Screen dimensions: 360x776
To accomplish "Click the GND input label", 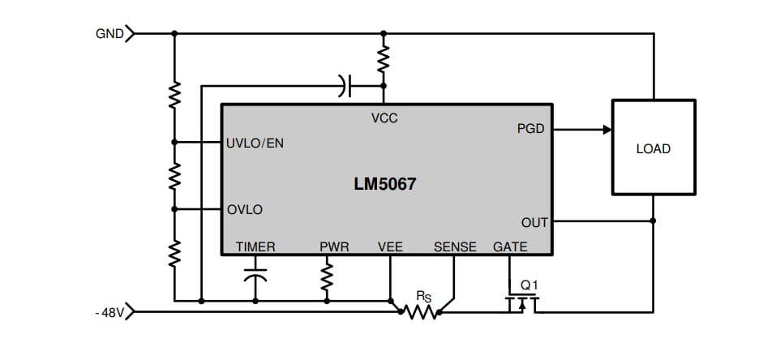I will [109, 34].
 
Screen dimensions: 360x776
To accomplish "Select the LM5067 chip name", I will [384, 184].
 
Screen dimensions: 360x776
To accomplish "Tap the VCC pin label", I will [384, 118].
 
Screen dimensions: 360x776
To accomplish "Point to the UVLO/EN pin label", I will [255, 144].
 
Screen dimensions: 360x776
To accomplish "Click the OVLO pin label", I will [245, 209].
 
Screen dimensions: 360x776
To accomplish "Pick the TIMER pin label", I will [255, 246].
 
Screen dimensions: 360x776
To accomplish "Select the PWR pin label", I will [334, 246].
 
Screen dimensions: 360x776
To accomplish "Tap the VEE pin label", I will [390, 246].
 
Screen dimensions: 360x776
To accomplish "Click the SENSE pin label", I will [455, 246].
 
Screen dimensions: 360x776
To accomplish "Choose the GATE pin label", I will [510, 246].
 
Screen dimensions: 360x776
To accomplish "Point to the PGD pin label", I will [530, 129].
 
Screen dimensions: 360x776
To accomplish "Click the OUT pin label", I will [534, 222].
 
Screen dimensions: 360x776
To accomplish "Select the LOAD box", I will [653, 148].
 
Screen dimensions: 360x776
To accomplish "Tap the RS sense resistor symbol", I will [420, 311].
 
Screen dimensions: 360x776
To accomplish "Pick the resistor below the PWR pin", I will [327, 277].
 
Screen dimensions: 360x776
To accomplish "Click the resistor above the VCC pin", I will [384, 58].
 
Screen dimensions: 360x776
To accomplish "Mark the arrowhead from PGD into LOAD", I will [607, 129].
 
